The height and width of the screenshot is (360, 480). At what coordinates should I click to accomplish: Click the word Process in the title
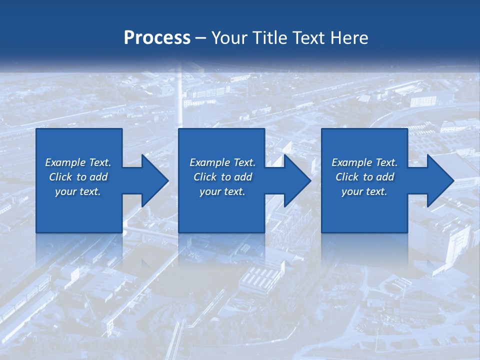(157, 38)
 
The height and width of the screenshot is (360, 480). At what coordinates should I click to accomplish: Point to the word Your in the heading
(228, 38)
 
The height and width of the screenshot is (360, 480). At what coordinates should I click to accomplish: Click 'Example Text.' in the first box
(78, 162)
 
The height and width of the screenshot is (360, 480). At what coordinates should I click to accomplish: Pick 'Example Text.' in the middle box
(222, 162)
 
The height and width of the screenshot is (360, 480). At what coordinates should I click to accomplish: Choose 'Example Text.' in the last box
(364, 162)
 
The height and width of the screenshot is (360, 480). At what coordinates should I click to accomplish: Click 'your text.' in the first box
(78, 191)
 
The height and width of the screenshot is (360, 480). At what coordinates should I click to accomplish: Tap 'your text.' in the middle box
(222, 191)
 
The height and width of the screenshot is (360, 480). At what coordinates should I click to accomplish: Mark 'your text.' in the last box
(364, 191)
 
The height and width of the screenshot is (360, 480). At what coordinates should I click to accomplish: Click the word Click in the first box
(60, 177)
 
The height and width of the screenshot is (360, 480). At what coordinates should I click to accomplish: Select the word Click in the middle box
(205, 177)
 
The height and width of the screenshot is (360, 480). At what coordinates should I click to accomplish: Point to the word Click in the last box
(347, 177)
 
